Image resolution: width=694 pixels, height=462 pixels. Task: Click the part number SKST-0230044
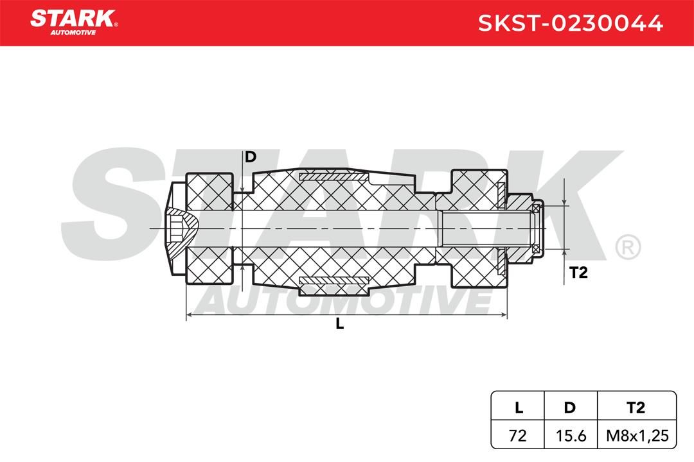[571, 23]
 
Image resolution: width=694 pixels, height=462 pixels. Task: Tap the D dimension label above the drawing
[251, 157]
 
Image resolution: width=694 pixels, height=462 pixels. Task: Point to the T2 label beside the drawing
[578, 272]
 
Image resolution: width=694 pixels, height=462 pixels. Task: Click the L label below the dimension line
[339, 324]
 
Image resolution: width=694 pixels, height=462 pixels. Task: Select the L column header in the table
[519, 407]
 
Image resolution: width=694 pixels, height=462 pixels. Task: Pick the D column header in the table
[569, 407]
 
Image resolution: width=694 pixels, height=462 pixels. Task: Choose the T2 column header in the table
[636, 407]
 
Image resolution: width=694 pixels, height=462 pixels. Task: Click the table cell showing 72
[518, 436]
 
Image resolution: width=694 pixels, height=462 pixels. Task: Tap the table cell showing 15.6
[571, 436]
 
